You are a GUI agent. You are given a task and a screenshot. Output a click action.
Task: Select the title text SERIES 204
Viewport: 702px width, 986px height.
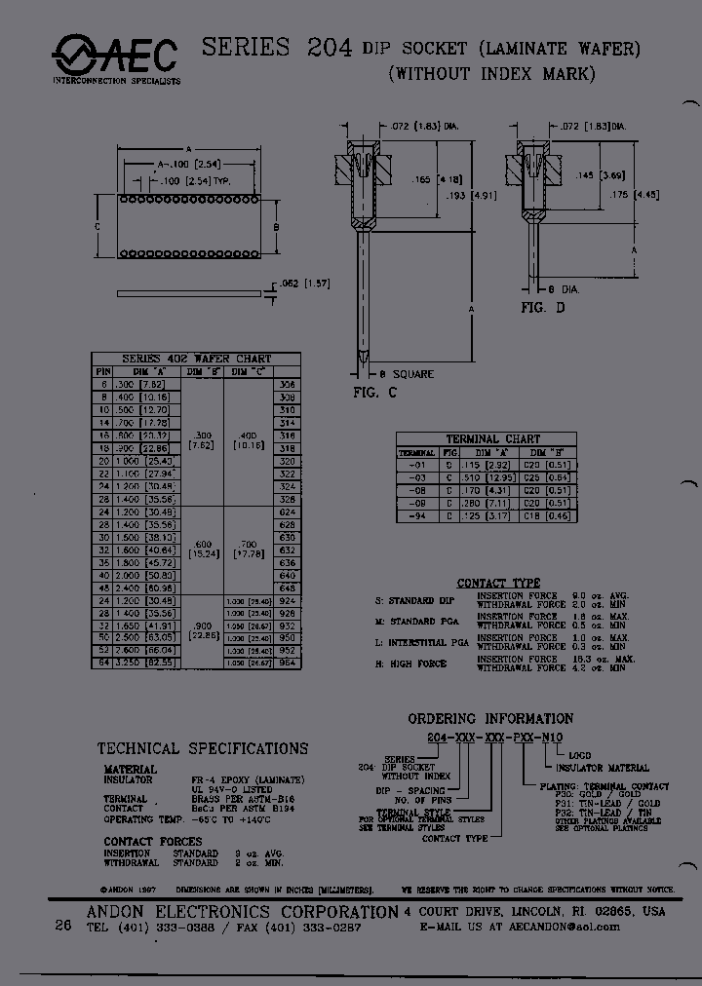tap(276, 48)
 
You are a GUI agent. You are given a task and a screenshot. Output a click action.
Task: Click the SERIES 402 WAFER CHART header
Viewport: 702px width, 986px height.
tap(196, 359)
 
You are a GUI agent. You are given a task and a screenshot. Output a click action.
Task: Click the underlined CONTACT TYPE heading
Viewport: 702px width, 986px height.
tap(498, 583)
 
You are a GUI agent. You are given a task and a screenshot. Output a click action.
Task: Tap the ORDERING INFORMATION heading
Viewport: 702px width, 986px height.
tap(490, 719)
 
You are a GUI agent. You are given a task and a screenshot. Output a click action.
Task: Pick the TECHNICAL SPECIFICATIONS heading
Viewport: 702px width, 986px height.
tap(203, 749)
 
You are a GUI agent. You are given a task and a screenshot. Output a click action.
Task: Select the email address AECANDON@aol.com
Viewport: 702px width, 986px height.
tap(564, 928)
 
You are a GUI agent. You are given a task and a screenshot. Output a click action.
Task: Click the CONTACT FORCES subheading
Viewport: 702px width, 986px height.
tap(153, 841)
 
